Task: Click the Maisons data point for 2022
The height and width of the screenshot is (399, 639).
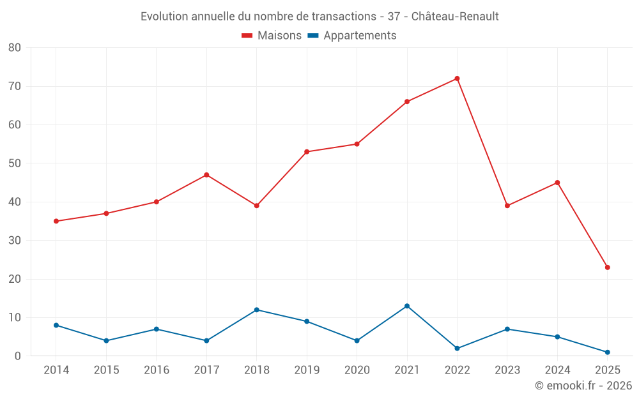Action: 457,79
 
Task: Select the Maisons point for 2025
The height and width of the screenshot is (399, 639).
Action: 607,267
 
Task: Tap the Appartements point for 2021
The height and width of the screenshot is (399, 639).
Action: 407,306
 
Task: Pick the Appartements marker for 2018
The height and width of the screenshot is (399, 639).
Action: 257,310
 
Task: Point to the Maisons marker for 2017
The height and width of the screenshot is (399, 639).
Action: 206,175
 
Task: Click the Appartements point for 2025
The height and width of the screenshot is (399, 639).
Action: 607,352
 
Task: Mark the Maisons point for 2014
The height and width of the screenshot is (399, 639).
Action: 56,221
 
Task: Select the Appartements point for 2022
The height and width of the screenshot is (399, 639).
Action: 457,349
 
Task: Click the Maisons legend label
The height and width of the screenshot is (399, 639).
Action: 279,36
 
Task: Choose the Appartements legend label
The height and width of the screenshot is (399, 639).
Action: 360,36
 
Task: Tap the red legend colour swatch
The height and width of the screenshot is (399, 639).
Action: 247,36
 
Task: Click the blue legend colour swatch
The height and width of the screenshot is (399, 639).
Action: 313,36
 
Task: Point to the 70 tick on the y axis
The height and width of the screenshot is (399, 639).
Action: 15,86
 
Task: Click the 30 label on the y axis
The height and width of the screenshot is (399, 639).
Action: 15,241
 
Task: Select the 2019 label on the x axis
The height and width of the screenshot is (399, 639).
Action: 307,370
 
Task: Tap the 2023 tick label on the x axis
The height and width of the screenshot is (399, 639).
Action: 507,370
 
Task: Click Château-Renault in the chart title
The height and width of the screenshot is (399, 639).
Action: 455,16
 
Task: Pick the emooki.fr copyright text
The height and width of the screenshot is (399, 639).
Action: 583,386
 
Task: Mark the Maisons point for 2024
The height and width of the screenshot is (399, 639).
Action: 557,183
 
